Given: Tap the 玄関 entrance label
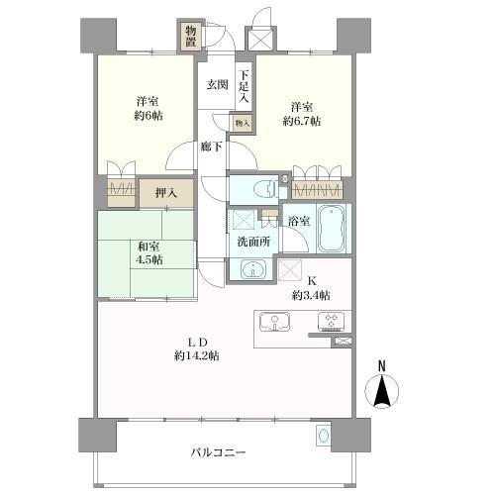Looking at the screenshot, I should [x=218, y=84].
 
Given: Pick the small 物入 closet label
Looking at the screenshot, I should [x=243, y=123].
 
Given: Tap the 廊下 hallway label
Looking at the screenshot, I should [x=212, y=146].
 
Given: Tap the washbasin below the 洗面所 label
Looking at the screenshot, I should [x=253, y=268].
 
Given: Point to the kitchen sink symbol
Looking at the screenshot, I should [x=273, y=322].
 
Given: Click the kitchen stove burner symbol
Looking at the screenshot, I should [x=328, y=321].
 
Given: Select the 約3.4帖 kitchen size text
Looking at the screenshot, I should [x=311, y=295].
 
